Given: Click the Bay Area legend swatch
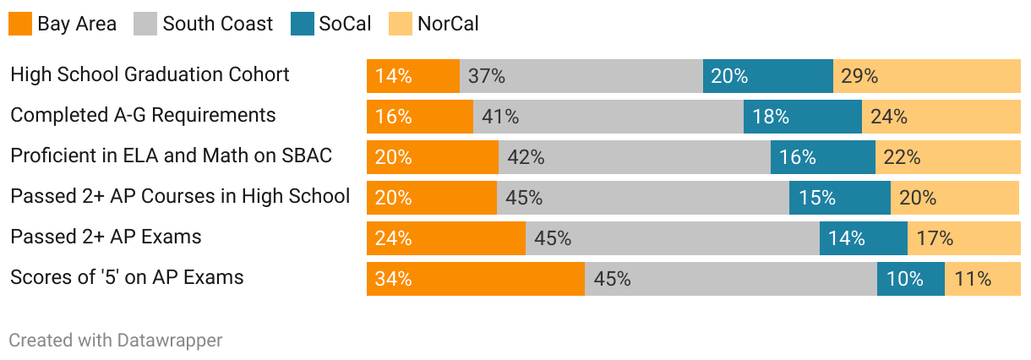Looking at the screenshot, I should click(20, 23).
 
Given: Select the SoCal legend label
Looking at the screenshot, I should click(345, 23).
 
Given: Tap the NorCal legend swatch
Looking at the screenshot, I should click(401, 23).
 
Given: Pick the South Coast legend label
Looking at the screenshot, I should click(218, 23).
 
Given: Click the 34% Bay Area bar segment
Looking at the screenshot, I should click(476, 279).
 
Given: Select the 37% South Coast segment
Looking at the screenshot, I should click(581, 76).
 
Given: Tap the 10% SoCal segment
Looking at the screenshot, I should click(911, 279).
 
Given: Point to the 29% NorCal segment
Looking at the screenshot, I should click(927, 76).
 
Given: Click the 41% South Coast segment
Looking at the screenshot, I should click(608, 117).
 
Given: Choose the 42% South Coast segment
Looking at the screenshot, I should click(635, 157).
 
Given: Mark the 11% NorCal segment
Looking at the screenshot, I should click(983, 279).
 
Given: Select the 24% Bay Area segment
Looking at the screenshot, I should click(446, 238).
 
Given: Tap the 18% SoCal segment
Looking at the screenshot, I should click(803, 117).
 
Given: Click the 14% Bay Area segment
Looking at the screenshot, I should click(413, 76).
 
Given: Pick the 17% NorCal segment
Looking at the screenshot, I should click(964, 238).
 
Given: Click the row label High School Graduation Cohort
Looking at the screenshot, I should click(150, 74).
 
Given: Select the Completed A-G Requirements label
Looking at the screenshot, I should click(143, 115).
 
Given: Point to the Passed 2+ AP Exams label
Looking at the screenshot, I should click(106, 237).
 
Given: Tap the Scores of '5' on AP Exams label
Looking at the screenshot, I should click(127, 277).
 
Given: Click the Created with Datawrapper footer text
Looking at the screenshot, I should click(116, 341).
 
